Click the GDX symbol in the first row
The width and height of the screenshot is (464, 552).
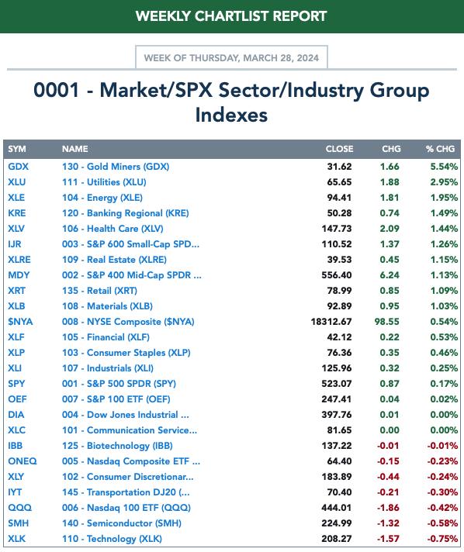19,167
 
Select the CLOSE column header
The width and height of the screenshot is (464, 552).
339,149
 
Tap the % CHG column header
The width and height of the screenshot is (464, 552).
440,149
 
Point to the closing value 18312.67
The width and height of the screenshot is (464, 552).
331,322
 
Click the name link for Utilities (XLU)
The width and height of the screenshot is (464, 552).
104,182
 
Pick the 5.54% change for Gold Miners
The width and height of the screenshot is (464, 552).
444,167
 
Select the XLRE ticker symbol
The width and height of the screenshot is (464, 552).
19,260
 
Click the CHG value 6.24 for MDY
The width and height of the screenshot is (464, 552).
390,275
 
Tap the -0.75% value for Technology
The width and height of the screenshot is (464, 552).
442,539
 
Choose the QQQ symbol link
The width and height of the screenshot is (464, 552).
19,508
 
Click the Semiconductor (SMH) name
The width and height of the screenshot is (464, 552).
122,523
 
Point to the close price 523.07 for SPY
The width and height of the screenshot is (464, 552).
337,383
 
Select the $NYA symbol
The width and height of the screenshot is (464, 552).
20,322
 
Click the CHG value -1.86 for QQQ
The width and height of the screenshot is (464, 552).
388,508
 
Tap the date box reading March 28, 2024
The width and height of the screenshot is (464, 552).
231,57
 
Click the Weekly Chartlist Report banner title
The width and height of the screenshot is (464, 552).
231,16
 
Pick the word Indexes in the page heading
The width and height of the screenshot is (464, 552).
231,115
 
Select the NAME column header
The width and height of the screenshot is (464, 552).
75,149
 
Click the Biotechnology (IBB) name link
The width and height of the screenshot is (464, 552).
117,446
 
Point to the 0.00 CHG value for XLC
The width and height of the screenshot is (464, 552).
390,430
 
